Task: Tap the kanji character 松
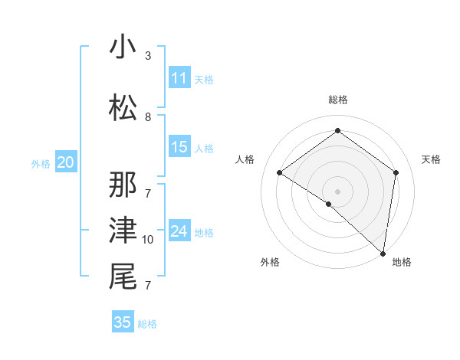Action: (123, 108)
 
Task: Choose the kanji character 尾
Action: (123, 277)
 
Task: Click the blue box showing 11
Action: (179, 78)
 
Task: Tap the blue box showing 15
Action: (179, 147)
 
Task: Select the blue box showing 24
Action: (179, 231)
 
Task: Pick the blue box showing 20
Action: (66, 162)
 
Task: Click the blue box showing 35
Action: (123, 322)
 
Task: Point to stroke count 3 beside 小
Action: (148, 56)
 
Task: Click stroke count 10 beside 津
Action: (148, 240)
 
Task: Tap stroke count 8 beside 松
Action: (148, 117)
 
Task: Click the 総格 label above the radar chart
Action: (337, 100)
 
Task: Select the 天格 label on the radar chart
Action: (432, 159)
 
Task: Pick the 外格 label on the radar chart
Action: (270, 262)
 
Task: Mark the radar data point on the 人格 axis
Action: (280, 172)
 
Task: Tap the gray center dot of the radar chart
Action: (337, 191)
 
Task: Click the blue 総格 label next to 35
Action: (147, 324)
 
